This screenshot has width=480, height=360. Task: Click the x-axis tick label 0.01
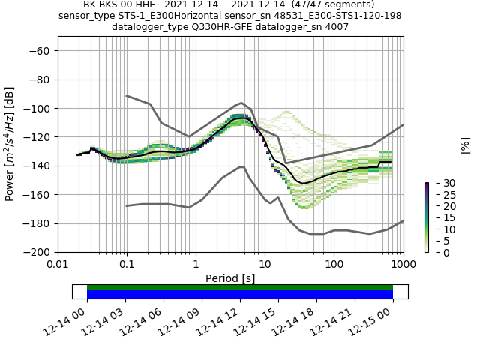[58, 265]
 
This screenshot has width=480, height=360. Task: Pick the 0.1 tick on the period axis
[127, 265]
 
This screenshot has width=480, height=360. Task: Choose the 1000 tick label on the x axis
[403, 265]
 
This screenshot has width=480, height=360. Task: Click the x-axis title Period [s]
[230, 278]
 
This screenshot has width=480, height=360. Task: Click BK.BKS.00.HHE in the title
[113, 4]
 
